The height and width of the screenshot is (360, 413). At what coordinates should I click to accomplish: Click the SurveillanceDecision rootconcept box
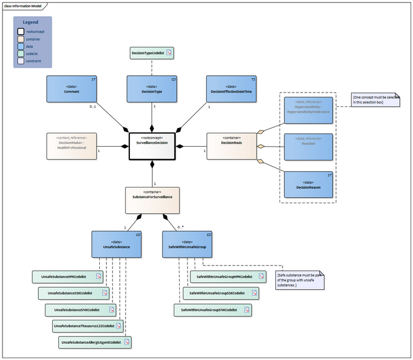click(151, 146)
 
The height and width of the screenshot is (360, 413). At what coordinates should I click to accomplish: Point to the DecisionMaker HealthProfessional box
click(72, 146)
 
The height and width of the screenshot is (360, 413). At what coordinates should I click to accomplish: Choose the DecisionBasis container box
click(231, 146)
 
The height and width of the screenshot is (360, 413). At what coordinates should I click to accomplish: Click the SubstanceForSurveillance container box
click(151, 200)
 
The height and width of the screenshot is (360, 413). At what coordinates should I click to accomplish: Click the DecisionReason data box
click(308, 185)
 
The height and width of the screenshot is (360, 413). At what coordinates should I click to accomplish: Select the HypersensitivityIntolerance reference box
click(308, 109)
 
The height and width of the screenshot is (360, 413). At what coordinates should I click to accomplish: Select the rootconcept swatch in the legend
click(21, 31)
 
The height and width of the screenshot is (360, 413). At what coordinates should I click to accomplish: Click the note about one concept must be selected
click(376, 100)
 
